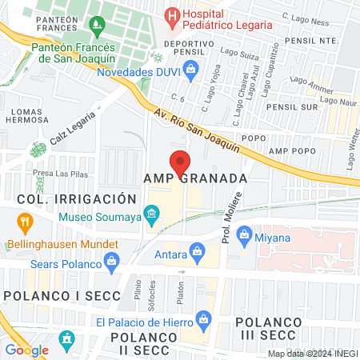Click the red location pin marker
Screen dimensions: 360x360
pos(180,162)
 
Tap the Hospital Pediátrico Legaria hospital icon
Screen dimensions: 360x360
pos(171,15)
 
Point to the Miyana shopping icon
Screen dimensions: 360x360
pos(245,235)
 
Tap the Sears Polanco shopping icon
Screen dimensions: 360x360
pos(112,260)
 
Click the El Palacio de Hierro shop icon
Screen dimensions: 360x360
pos(202,319)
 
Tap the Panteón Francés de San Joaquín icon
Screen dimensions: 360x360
pos(97,26)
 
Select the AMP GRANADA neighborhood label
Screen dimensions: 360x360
pos(194,177)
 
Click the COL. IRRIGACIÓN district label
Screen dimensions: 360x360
pos(70,198)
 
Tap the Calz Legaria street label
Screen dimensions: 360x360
pos(69,129)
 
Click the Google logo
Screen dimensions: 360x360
pos(27,350)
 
